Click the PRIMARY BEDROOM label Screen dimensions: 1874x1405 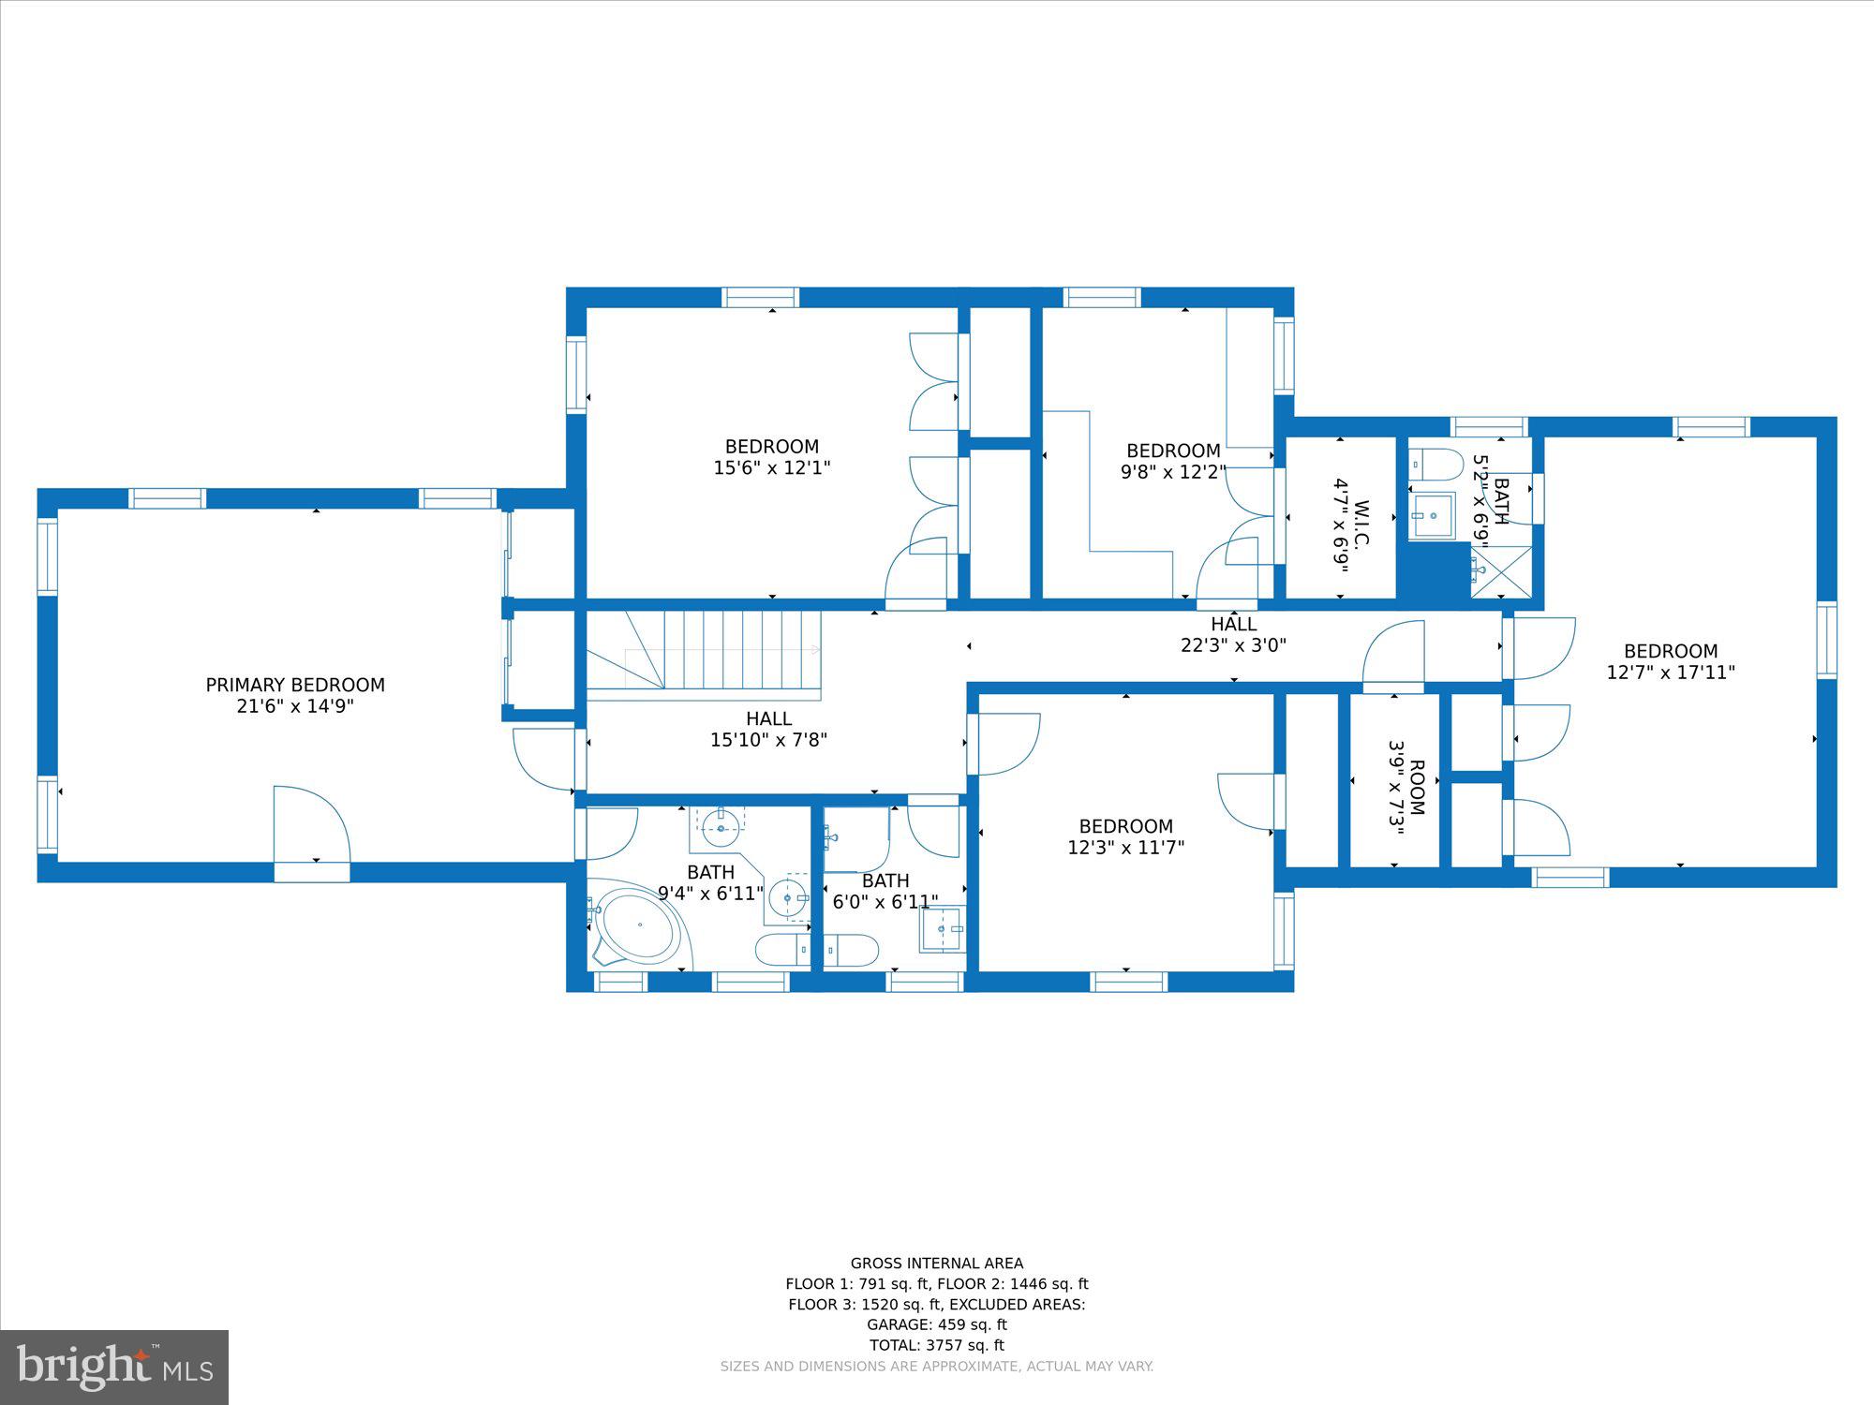[295, 695]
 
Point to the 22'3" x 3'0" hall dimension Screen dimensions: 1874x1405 [1233, 644]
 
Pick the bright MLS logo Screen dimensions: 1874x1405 [114, 1368]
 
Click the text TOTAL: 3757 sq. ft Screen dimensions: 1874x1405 [937, 1345]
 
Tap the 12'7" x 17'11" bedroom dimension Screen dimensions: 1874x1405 [1671, 672]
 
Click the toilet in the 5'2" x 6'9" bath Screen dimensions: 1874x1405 [1435, 464]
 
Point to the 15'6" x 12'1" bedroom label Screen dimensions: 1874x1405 [772, 457]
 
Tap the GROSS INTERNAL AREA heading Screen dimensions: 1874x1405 [937, 1263]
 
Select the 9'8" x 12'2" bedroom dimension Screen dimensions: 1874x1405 [1173, 472]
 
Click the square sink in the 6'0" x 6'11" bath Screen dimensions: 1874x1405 [942, 929]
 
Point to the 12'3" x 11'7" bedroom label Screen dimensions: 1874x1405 [1126, 836]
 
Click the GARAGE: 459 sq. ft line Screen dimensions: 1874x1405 [937, 1324]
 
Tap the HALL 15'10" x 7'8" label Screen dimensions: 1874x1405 [768, 729]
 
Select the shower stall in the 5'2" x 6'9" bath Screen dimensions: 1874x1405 [1501, 571]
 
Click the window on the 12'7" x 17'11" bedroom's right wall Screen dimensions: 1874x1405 [1826, 640]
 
